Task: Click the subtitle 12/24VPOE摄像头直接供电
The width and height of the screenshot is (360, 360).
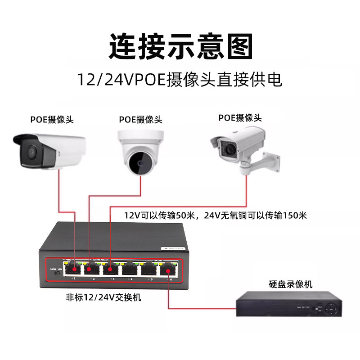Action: (180, 80)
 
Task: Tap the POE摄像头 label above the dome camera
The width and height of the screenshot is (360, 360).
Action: (140, 119)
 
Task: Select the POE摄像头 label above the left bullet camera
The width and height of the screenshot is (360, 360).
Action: (52, 119)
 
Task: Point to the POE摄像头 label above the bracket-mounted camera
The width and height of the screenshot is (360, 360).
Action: (240, 118)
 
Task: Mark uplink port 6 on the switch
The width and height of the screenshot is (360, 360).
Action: (169, 270)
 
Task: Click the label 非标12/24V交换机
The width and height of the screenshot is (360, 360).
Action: (103, 297)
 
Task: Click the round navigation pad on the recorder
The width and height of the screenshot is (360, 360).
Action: (332, 309)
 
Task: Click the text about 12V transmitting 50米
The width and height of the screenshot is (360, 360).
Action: (160, 215)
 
